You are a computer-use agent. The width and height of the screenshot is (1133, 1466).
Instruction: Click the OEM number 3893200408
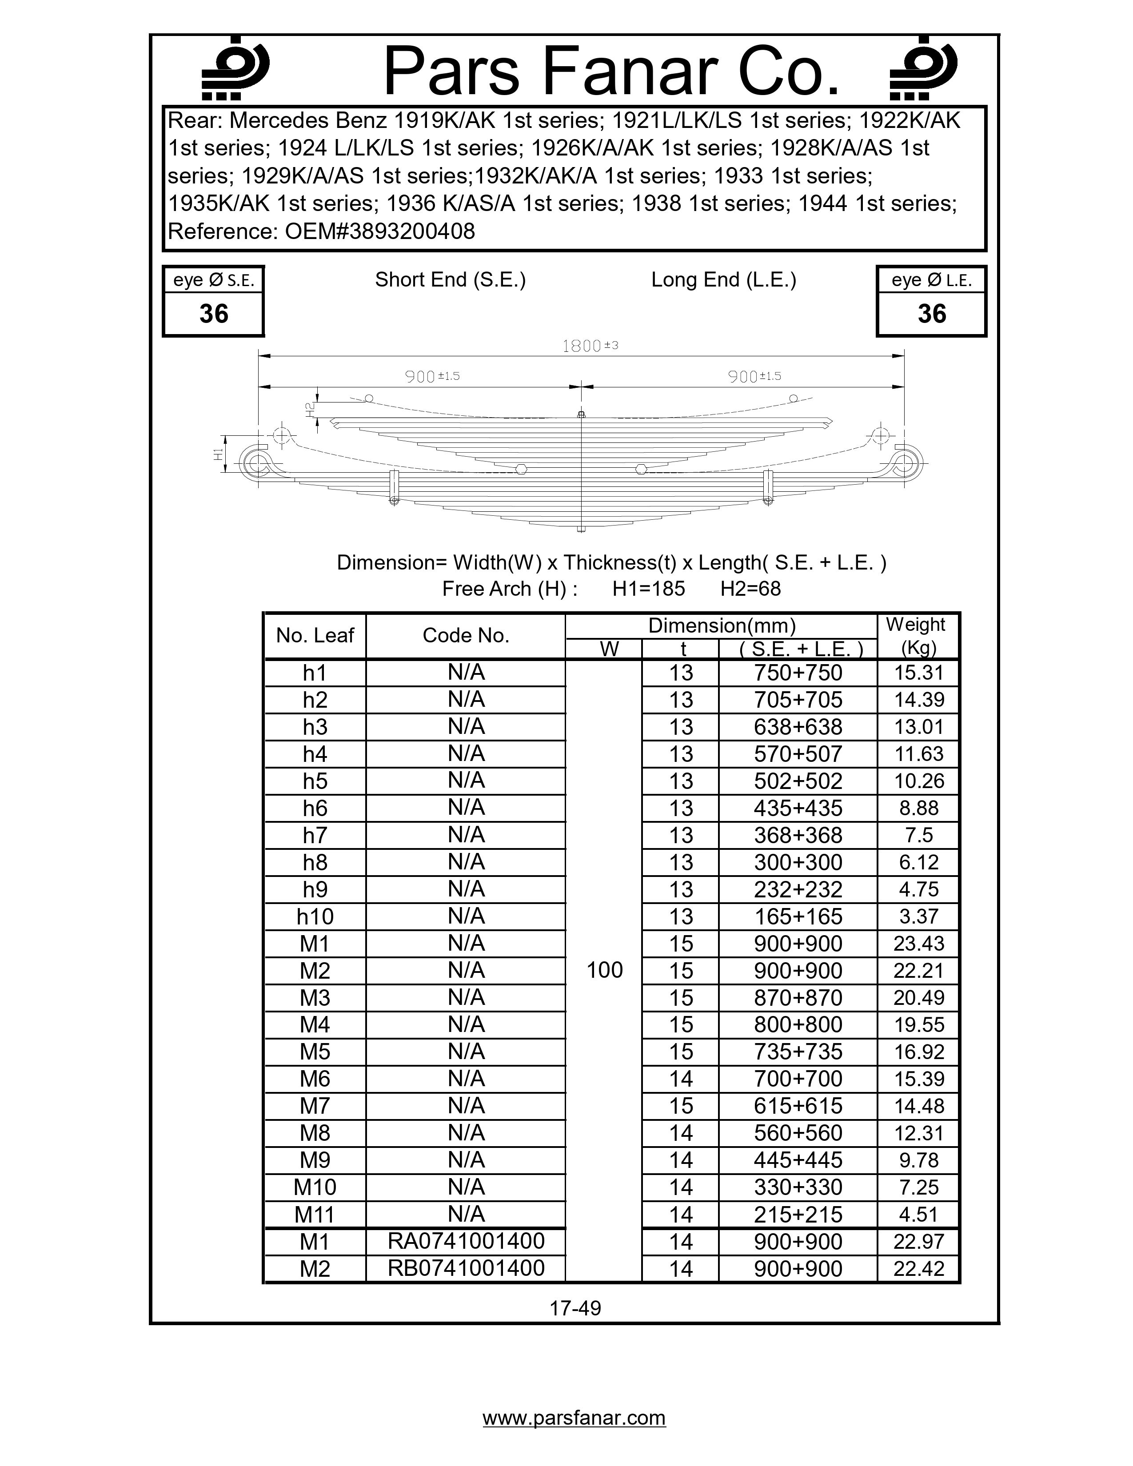(x=380, y=231)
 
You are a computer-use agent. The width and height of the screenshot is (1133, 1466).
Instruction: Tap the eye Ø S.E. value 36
(x=213, y=314)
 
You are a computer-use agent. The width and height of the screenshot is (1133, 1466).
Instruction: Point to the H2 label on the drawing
(x=309, y=410)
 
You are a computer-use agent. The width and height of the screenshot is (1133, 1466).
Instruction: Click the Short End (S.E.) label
(x=450, y=280)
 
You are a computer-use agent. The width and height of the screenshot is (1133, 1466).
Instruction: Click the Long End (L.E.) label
(x=723, y=280)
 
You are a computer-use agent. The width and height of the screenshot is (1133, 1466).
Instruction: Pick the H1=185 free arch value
(x=648, y=589)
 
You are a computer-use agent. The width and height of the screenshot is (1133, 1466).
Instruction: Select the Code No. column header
(x=466, y=636)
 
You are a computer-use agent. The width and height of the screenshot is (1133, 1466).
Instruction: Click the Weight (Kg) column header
(x=917, y=636)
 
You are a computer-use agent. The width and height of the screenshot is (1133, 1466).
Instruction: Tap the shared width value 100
(x=604, y=970)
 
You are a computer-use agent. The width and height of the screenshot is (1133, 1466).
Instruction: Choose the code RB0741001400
(x=466, y=1268)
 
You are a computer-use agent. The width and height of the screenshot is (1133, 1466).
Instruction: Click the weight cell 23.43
(x=918, y=943)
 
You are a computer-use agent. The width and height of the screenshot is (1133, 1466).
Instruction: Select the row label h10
(x=315, y=916)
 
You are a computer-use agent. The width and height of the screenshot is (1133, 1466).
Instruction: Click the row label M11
(x=315, y=1214)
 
